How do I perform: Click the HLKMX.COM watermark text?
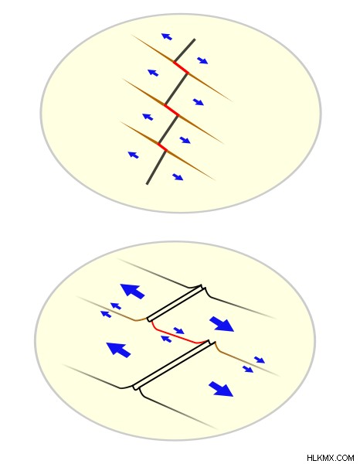click(330, 458)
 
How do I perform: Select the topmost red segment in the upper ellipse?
click(181, 67)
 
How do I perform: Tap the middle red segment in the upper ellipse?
click(172, 110)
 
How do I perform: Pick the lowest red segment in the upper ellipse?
click(162, 147)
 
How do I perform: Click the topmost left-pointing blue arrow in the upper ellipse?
click(167, 36)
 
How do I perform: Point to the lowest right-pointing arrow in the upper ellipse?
click(178, 177)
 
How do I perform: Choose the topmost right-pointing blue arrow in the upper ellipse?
click(202, 60)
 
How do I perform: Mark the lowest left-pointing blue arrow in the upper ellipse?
click(134, 155)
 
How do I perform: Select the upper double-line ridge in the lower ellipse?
click(176, 303)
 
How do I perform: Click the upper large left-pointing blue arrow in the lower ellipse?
click(132, 291)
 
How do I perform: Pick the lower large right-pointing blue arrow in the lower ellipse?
click(221, 389)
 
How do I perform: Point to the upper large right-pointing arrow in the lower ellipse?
click(222, 324)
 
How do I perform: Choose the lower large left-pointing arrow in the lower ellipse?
click(118, 350)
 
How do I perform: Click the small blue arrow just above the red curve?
click(178, 330)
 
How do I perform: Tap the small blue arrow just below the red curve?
click(166, 339)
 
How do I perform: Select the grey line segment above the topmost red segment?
click(185, 50)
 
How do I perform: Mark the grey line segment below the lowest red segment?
click(156, 168)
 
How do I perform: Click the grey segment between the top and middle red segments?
click(176, 89)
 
